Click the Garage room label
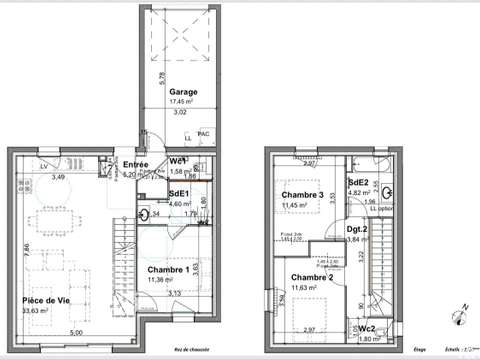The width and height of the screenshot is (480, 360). tap(183, 91)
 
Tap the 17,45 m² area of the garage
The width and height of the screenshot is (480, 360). tap(183, 101)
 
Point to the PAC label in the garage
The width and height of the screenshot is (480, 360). tap(204, 133)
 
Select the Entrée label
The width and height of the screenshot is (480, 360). tap(136, 164)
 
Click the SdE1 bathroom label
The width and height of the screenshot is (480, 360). tap(180, 193)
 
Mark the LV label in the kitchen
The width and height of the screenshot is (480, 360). tap(44, 165)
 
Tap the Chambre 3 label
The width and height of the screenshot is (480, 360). tap(302, 195)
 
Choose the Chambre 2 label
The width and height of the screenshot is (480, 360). tap(310, 277)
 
